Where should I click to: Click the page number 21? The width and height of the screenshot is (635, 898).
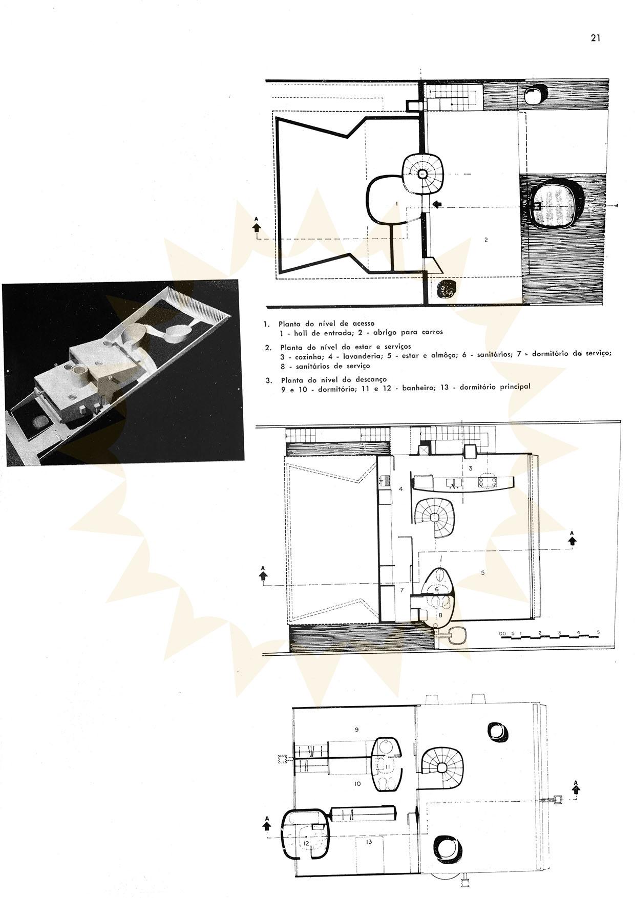[x=595, y=38]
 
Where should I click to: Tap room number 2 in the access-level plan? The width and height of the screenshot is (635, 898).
[x=486, y=239]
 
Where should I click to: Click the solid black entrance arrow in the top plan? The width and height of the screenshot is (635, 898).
[x=436, y=204]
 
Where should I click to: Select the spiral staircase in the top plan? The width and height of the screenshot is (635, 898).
[x=422, y=174]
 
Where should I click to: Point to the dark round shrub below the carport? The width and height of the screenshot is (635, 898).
[x=446, y=290]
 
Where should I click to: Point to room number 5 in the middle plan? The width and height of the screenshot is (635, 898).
[x=483, y=573]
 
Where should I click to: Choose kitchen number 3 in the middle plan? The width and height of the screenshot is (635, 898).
[x=470, y=467]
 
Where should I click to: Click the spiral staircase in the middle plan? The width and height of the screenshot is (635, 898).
[x=433, y=518]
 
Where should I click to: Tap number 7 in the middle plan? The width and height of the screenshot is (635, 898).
[x=402, y=590]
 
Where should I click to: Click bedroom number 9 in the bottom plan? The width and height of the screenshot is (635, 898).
[x=356, y=729]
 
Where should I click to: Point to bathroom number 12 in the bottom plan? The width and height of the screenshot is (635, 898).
[x=306, y=843]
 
